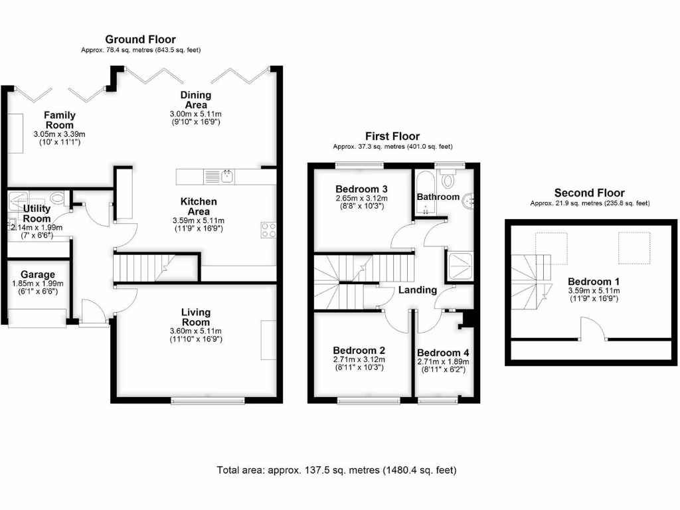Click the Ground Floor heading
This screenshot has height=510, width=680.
click(x=140, y=40)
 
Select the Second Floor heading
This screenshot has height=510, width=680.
click(x=590, y=193)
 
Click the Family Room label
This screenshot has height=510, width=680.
click(x=60, y=120)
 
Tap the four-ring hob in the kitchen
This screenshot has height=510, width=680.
click(x=269, y=230)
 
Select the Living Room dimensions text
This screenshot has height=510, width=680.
click(x=195, y=335)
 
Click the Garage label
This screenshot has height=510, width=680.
click(x=37, y=274)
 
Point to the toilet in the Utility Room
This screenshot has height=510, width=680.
click(x=57, y=198)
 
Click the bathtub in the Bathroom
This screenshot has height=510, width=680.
click(x=424, y=193)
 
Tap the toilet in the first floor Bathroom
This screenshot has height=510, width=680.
click(x=449, y=179)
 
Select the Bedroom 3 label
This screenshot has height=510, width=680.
click(x=361, y=189)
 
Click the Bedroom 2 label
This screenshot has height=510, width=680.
click(x=359, y=350)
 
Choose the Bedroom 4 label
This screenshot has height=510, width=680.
click(x=443, y=353)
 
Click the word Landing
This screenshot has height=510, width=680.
click(x=417, y=290)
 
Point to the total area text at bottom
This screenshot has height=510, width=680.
click(x=337, y=470)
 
